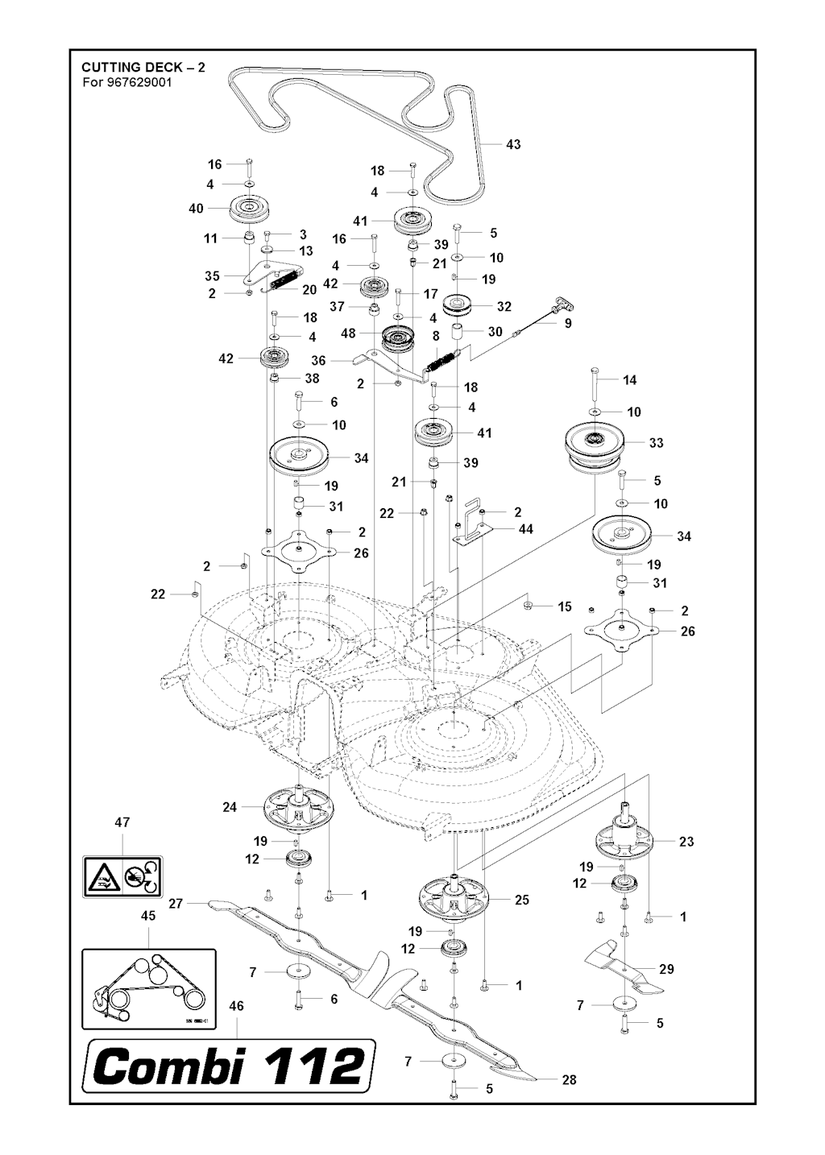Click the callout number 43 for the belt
click(x=512, y=144)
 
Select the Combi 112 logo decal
click(x=229, y=1067)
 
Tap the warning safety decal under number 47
click(x=122, y=876)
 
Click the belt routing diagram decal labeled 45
click(x=149, y=988)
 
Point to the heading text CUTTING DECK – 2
click(x=143, y=67)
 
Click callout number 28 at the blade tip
click(x=569, y=1079)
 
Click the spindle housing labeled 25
click(x=455, y=896)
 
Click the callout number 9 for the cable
click(x=568, y=323)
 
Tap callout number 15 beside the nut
click(x=565, y=606)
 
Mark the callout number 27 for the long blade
click(x=176, y=904)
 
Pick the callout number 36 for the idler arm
click(x=318, y=362)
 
